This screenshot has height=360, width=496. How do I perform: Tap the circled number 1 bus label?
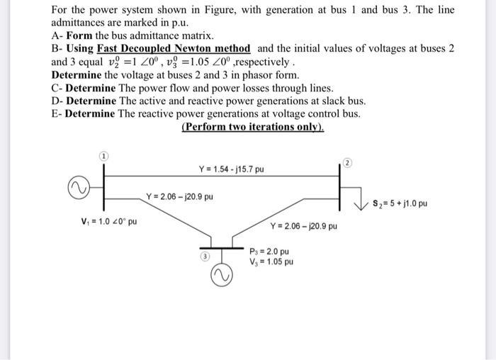tap(103, 155)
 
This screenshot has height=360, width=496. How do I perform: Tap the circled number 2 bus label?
tap(347, 162)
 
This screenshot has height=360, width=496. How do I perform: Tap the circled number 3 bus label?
tap(204, 256)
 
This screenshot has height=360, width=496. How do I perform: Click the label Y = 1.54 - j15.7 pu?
tap(231, 169)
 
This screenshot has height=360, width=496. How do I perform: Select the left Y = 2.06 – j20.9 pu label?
tap(179, 196)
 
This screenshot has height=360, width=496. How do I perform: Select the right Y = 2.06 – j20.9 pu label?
tap(303, 226)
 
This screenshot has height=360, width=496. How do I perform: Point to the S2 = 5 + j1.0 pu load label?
tap(400, 204)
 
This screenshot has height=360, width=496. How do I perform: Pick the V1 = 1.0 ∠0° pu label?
tap(109, 221)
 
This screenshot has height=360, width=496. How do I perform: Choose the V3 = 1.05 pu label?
tap(271, 261)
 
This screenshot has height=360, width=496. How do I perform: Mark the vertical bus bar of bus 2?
tap(341, 184)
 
